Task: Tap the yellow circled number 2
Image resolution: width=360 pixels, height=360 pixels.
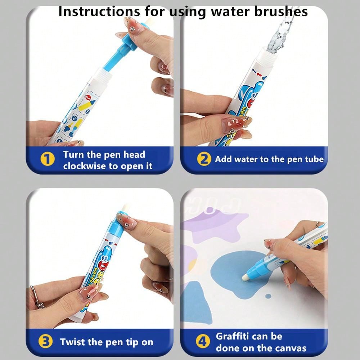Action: point(204,159)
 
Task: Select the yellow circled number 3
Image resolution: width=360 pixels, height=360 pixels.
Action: point(45,342)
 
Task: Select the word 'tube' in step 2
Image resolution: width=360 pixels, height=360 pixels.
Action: point(314,159)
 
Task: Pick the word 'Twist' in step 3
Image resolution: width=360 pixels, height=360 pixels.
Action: point(73,342)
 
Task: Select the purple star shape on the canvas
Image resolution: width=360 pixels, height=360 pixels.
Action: point(216,227)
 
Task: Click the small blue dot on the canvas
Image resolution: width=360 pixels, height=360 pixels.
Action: point(268,296)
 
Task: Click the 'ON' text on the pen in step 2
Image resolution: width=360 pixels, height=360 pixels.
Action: point(255,71)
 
